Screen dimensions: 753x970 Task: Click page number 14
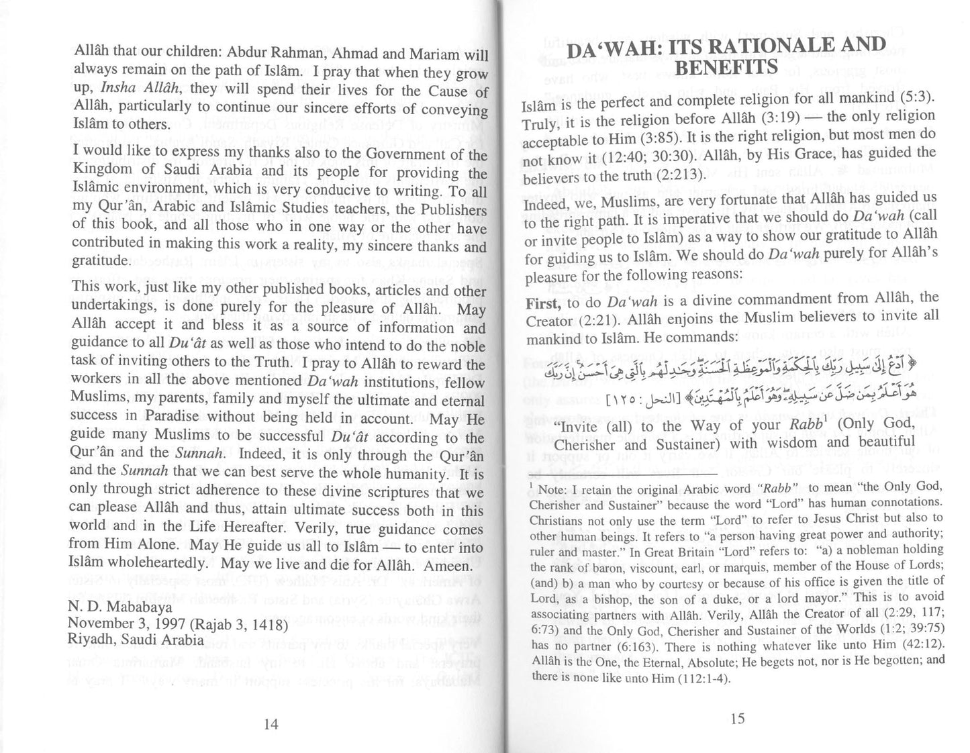(271, 723)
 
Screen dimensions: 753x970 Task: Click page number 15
(737, 718)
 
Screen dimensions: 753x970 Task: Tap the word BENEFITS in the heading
(726, 68)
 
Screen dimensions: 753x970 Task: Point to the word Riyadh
(89, 639)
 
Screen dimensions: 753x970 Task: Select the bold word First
(542, 303)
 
